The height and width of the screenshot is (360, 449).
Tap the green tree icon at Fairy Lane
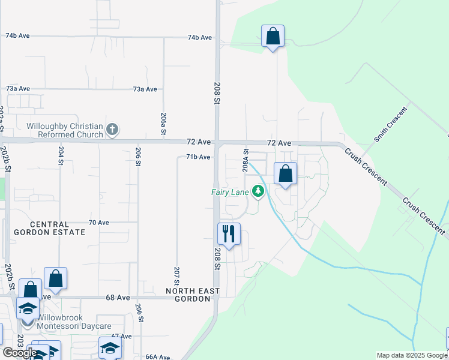click(259, 192)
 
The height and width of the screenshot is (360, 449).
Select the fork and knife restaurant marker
click(229, 233)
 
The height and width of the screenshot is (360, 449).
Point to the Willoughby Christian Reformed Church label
click(65, 130)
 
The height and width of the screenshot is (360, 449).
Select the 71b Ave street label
click(197, 157)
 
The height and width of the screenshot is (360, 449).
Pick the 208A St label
click(246, 161)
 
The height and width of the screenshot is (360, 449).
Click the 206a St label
click(163, 124)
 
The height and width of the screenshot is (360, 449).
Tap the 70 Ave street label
click(98, 222)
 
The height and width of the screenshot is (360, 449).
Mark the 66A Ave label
click(158, 356)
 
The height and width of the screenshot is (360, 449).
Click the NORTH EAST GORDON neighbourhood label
click(192, 295)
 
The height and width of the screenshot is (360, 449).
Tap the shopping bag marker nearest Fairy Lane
click(286, 174)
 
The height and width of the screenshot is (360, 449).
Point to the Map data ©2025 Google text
click(412, 356)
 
